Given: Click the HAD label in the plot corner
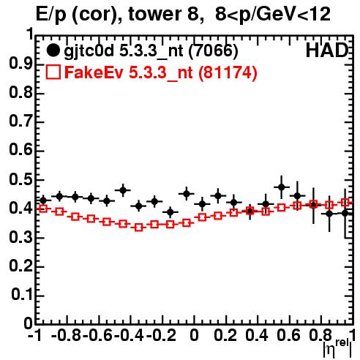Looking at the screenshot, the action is [x=327, y=50].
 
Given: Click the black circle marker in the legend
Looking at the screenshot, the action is [x=53, y=50].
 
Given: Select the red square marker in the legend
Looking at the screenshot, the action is [x=53, y=72].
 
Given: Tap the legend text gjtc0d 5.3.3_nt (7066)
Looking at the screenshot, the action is [x=151, y=51].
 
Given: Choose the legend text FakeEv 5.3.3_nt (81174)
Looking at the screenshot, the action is [x=161, y=72].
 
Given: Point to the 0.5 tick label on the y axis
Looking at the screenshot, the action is [x=20, y=180].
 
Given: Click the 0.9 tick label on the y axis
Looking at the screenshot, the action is [x=20, y=64].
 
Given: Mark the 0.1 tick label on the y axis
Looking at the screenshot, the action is [x=21, y=295].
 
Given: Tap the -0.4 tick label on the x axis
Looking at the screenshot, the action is [x=130, y=335].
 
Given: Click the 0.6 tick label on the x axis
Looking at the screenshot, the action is [x=289, y=335].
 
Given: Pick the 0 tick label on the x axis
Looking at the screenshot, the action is [x=194, y=335].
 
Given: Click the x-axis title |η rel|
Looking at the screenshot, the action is [x=338, y=348].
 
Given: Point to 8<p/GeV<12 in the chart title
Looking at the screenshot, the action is [x=273, y=15].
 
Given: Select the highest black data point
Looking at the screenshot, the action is [x=282, y=187].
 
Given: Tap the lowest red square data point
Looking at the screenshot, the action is [x=139, y=228].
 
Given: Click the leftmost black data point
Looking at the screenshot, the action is [x=43, y=200].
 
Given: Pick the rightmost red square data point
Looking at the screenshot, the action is [x=345, y=203].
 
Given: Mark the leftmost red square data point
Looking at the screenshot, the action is [x=43, y=209].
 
